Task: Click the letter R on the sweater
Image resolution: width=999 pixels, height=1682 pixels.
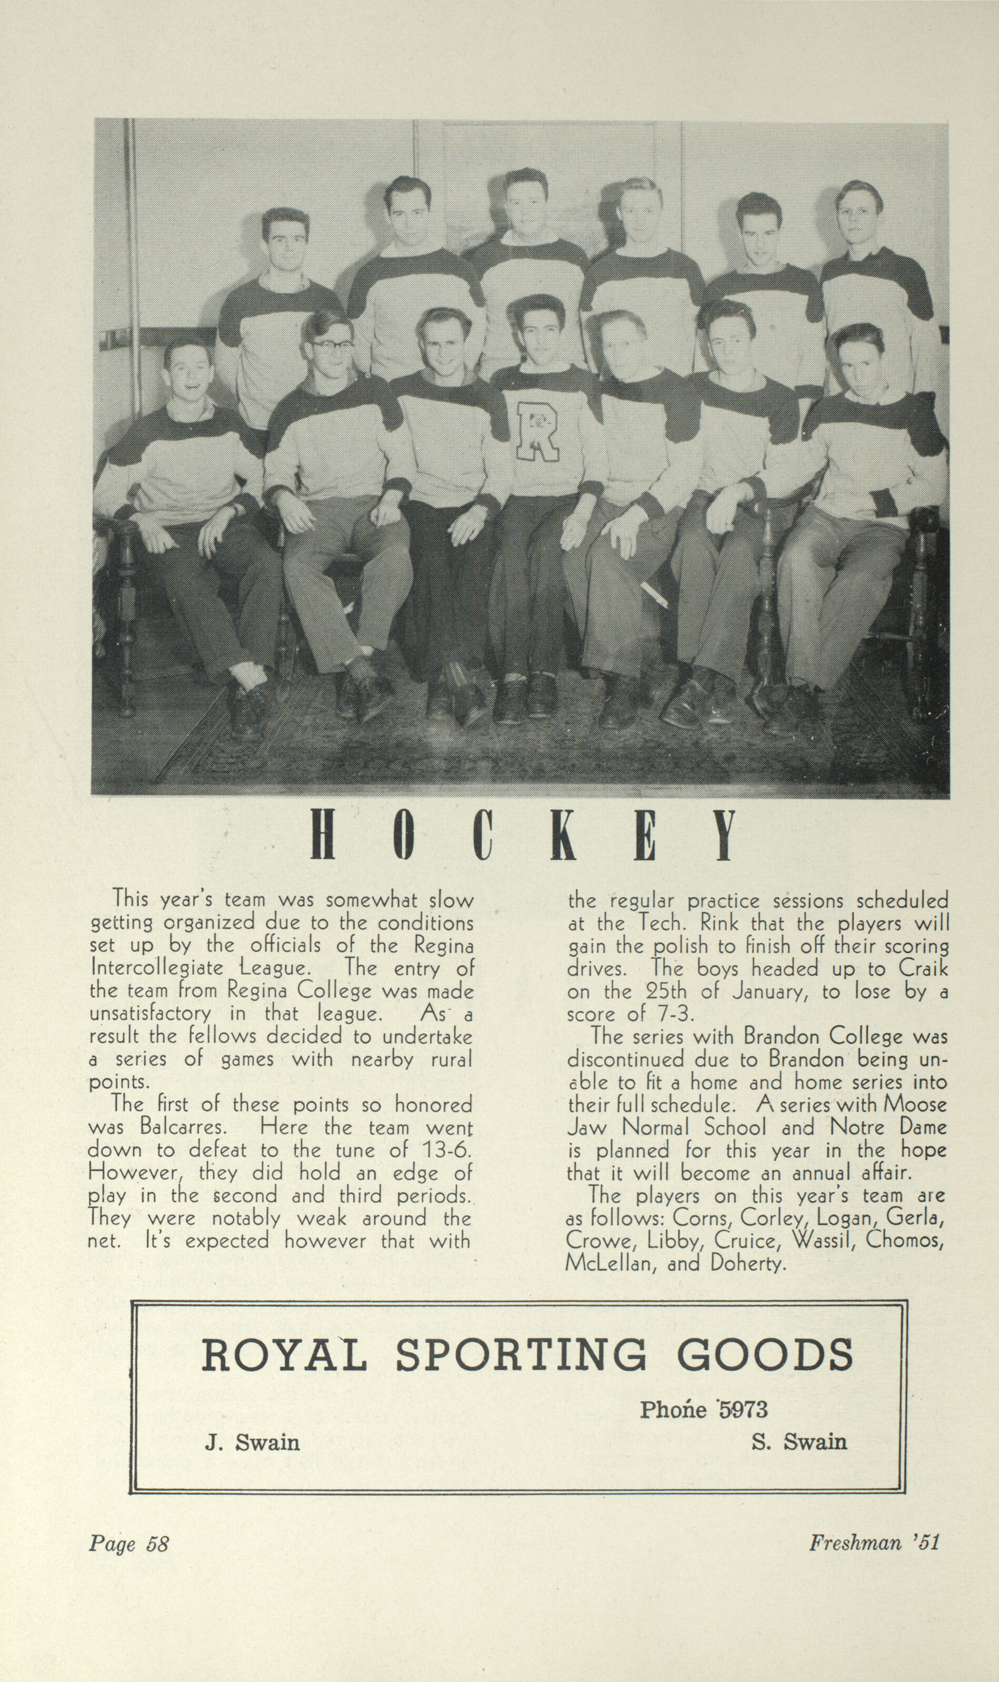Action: (536, 431)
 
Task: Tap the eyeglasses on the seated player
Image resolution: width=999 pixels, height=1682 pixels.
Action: (332, 346)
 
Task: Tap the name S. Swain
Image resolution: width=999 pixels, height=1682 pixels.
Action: (799, 1442)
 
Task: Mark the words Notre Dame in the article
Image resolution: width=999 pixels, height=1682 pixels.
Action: (888, 1126)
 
